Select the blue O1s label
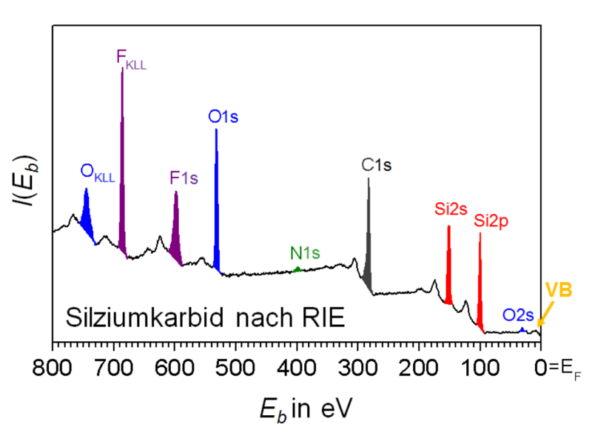click(x=223, y=116)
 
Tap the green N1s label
click(x=305, y=253)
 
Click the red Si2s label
click(x=451, y=209)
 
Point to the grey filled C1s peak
click(x=368, y=244)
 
